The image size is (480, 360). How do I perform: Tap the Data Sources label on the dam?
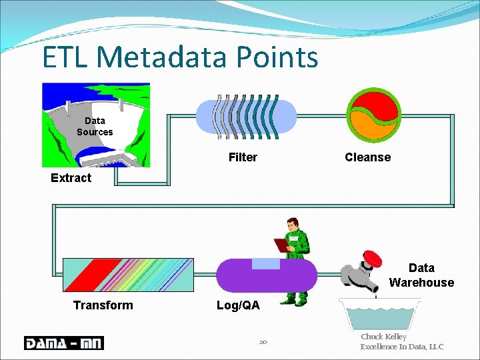tap(95, 126)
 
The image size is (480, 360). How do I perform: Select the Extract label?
tap(71, 178)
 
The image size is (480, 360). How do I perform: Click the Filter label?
tap(243, 157)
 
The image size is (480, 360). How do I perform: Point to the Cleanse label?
tap(367, 157)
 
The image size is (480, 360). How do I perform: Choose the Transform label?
tap(103, 305)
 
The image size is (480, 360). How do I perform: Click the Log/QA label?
tap(238, 305)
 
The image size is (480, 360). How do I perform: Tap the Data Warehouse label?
tap(421, 275)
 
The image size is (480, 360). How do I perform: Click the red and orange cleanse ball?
tap(374, 113)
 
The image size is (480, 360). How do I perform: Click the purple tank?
tap(267, 276)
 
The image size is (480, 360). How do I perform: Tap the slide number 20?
tap(263, 342)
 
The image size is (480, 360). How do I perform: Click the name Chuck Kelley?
tap(383, 337)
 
